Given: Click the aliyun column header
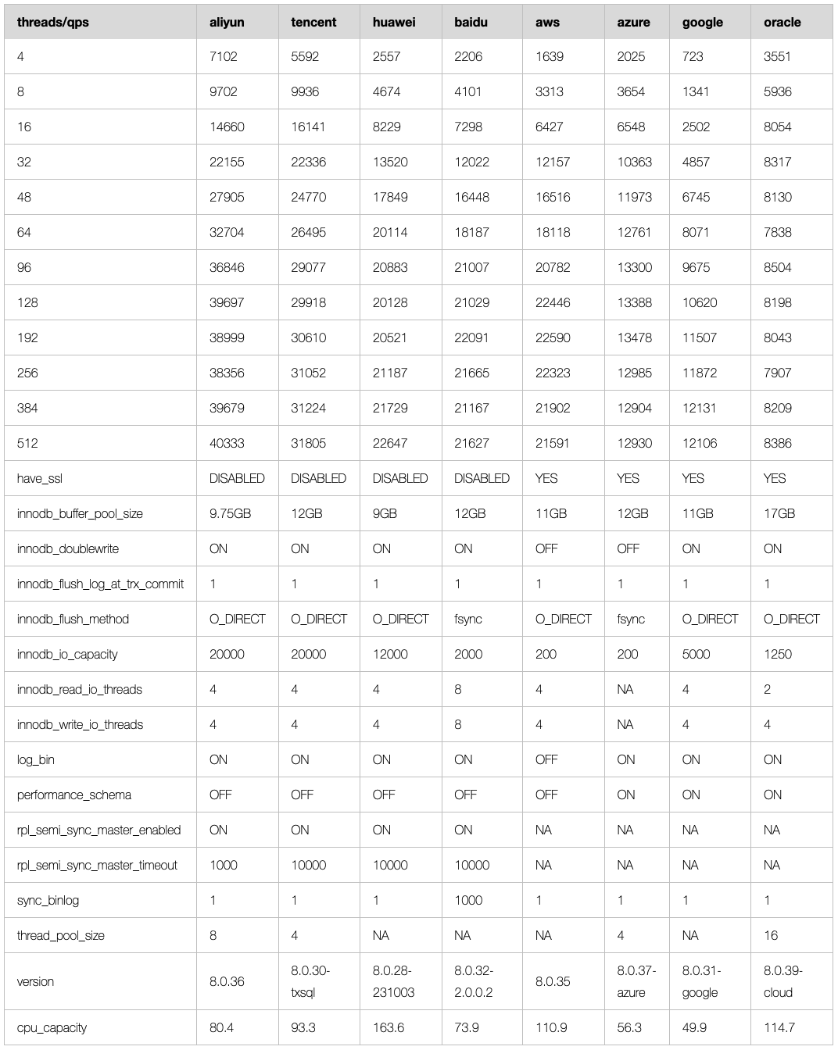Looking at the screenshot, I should [x=227, y=22].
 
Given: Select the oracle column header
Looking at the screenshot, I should [x=782, y=22].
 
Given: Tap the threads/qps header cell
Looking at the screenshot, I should [x=53, y=22].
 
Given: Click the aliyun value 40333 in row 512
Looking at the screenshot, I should [x=227, y=443].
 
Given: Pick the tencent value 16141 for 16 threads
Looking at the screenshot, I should [x=308, y=127].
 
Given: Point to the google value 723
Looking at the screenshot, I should [x=693, y=56].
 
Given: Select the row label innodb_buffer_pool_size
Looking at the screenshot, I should [x=80, y=513].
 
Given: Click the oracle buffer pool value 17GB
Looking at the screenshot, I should [x=779, y=513].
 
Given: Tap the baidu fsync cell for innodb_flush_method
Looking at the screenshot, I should [x=468, y=619].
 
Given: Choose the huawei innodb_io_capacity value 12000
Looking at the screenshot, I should [x=390, y=654].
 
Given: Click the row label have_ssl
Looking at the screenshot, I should [x=39, y=478].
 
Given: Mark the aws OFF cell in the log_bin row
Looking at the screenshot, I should [x=546, y=759].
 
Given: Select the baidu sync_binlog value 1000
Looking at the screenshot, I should [x=468, y=900].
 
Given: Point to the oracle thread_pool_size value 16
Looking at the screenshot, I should [x=771, y=935].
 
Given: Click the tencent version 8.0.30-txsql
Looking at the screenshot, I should [x=310, y=981].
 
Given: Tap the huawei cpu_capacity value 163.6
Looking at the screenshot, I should [x=389, y=1027].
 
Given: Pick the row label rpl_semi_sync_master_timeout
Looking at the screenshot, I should [x=97, y=865].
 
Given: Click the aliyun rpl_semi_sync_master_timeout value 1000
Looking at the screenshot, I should [x=224, y=865].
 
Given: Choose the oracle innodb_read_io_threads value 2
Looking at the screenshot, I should [x=768, y=689].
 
